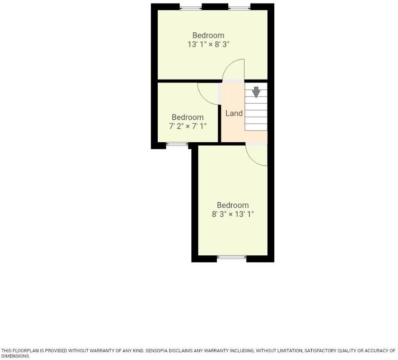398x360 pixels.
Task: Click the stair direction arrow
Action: pos(256,91)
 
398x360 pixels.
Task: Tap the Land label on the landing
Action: pos(234,113)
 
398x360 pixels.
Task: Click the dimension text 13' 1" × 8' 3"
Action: pos(208,44)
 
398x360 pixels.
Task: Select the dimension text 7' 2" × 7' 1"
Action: pos(188,126)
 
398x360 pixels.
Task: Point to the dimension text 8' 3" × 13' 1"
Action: pos(233,214)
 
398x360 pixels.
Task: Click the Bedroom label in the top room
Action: pos(208,35)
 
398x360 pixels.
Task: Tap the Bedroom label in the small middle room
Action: pos(188,117)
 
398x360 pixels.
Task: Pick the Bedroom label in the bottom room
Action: pos(233,205)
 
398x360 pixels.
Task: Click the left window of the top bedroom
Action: pos(190,7)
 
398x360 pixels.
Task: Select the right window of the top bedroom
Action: pos(239,7)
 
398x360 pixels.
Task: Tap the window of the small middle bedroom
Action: pos(177,145)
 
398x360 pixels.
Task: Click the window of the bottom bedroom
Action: pos(231,257)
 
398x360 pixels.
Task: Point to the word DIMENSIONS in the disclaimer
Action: pos(15,357)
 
